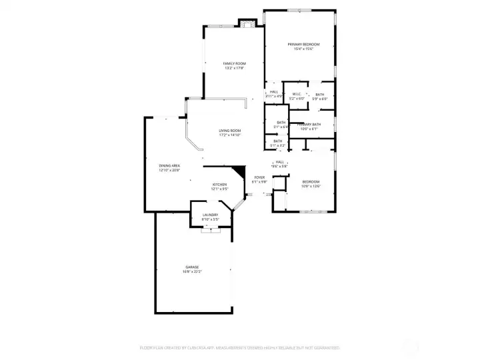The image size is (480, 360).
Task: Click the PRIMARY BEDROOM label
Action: tap(300, 44)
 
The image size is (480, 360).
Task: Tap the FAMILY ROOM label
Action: tap(233, 63)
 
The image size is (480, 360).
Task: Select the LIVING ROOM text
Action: tap(230, 130)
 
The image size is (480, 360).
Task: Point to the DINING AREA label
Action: tap(169, 165)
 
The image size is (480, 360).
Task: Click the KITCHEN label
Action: tap(220, 184)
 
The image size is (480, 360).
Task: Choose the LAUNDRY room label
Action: tap(211, 214)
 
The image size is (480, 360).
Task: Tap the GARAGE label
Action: tap(192, 267)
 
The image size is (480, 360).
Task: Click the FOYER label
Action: tap(260, 177)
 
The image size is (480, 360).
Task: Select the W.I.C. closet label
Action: tap(297, 94)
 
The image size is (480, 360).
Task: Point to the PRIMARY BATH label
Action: tap(309, 125)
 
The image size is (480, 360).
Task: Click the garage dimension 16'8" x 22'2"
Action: tap(192, 272)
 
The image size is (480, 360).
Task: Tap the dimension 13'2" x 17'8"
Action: tap(233, 68)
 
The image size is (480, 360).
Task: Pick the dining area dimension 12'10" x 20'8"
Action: tap(169, 171)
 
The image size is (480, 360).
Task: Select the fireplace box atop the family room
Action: tap(247, 26)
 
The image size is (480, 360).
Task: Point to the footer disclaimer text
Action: tap(239, 347)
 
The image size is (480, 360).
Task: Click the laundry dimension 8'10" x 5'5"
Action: tap(211, 219)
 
